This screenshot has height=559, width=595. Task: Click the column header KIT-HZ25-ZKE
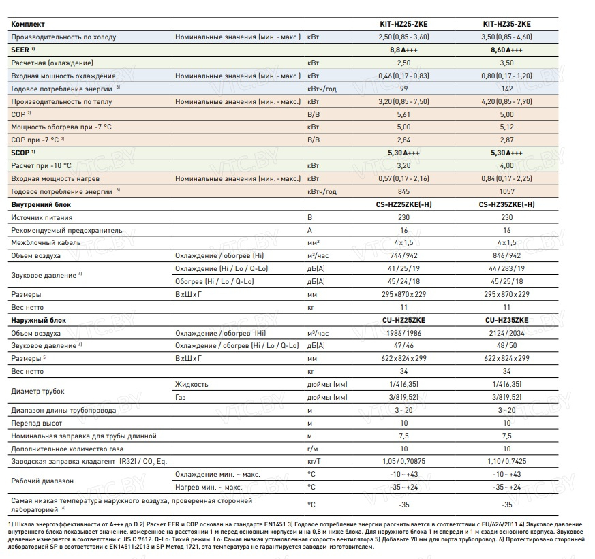point(403,24)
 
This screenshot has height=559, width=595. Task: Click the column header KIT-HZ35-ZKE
point(506,24)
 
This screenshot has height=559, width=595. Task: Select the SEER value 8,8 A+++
point(403,50)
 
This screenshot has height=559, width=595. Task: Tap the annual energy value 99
point(403,89)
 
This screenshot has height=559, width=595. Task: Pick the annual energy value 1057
point(506,191)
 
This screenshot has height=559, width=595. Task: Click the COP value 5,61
point(403,114)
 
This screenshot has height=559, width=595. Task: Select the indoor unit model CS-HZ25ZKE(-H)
point(403,204)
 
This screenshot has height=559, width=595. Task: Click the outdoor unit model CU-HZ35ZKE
point(506,320)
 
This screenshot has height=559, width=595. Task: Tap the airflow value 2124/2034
point(506,333)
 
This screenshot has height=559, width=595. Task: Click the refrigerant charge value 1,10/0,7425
point(506,461)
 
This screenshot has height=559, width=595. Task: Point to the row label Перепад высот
point(40,423)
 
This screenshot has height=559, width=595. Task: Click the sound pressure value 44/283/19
point(506,269)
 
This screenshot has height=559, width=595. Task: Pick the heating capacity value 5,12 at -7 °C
point(506,127)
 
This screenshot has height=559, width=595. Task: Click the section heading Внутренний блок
point(41,204)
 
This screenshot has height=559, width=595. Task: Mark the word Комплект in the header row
point(29,24)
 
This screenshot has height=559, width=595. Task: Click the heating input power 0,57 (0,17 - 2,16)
point(403,178)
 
